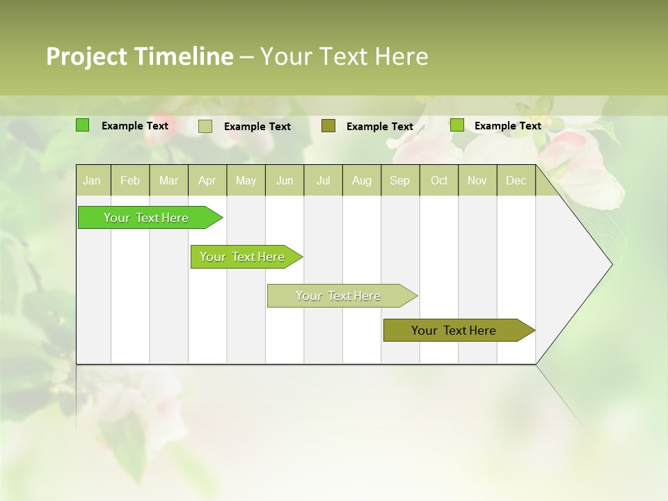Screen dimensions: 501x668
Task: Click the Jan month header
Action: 92,181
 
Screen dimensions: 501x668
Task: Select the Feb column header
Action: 130,181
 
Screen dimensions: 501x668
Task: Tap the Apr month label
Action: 207,181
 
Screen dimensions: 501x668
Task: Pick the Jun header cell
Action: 285,181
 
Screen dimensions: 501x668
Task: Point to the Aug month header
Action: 361,181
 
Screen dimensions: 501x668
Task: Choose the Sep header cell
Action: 399,181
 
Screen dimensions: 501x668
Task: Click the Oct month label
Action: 439,181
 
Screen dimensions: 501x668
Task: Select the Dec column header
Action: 516,181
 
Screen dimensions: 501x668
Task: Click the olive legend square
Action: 328,126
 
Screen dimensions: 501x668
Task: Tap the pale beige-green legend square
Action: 205,126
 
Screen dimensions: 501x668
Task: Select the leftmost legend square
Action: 83,125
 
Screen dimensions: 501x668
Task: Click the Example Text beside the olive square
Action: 379,127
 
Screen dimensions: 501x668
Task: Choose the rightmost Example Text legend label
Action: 507,126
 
